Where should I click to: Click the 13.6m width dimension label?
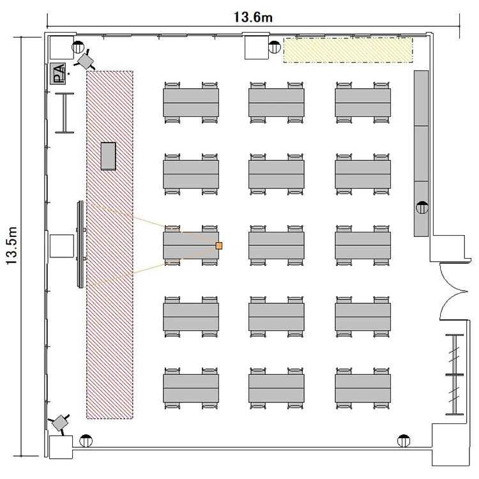[253, 17]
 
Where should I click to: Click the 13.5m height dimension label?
[12, 247]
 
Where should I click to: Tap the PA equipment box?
[58, 73]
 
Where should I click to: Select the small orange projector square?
[218, 246]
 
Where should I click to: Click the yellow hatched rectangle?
[348, 50]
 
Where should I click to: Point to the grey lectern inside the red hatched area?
[109, 156]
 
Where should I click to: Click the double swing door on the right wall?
[453, 291]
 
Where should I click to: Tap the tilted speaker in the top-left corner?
[85, 60]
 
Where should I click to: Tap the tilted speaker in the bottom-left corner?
[61, 423]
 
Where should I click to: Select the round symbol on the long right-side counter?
[422, 208]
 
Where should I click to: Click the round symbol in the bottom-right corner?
[404, 441]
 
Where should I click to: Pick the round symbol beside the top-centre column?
[275, 47]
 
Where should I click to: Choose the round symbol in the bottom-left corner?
[86, 441]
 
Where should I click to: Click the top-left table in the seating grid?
[191, 103]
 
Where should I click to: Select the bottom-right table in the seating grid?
[363, 388]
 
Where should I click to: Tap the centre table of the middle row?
[277, 246]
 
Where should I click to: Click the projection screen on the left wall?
[80, 244]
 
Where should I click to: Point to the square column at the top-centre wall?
[257, 47]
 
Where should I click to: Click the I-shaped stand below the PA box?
[65, 112]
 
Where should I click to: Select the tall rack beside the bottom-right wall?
[455, 374]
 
